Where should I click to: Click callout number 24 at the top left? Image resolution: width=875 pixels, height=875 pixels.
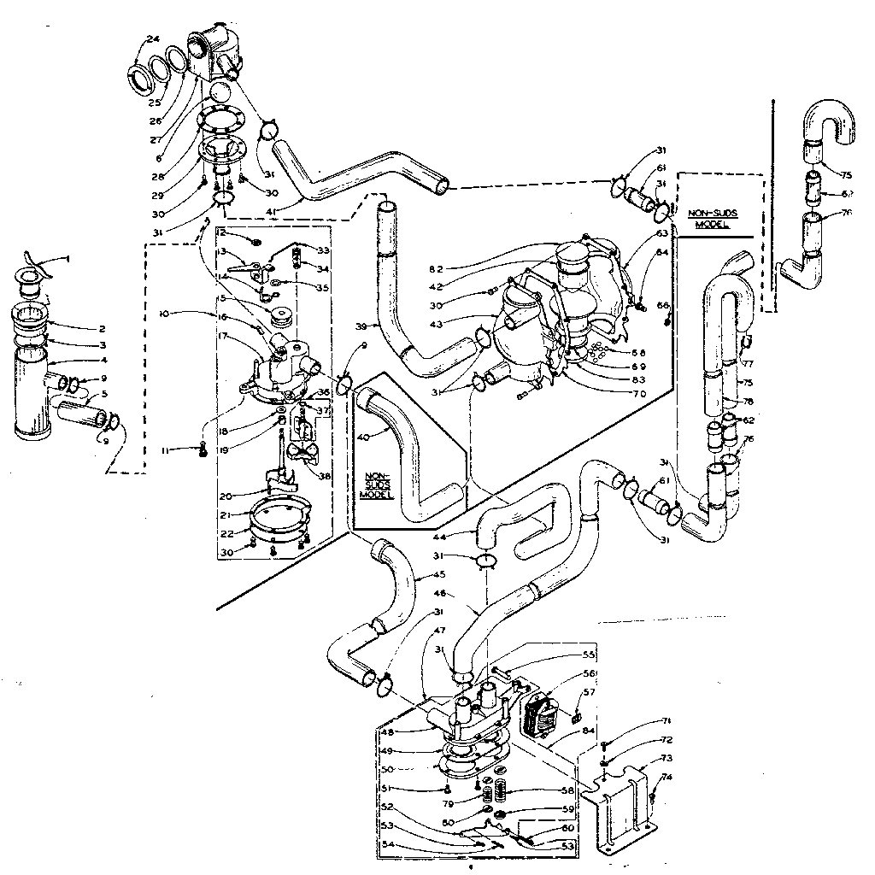pyautogui.click(x=153, y=38)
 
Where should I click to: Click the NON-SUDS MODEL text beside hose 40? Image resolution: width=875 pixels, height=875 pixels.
pyautogui.click(x=376, y=484)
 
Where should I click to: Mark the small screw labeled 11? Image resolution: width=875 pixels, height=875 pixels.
pyautogui.click(x=203, y=448)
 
